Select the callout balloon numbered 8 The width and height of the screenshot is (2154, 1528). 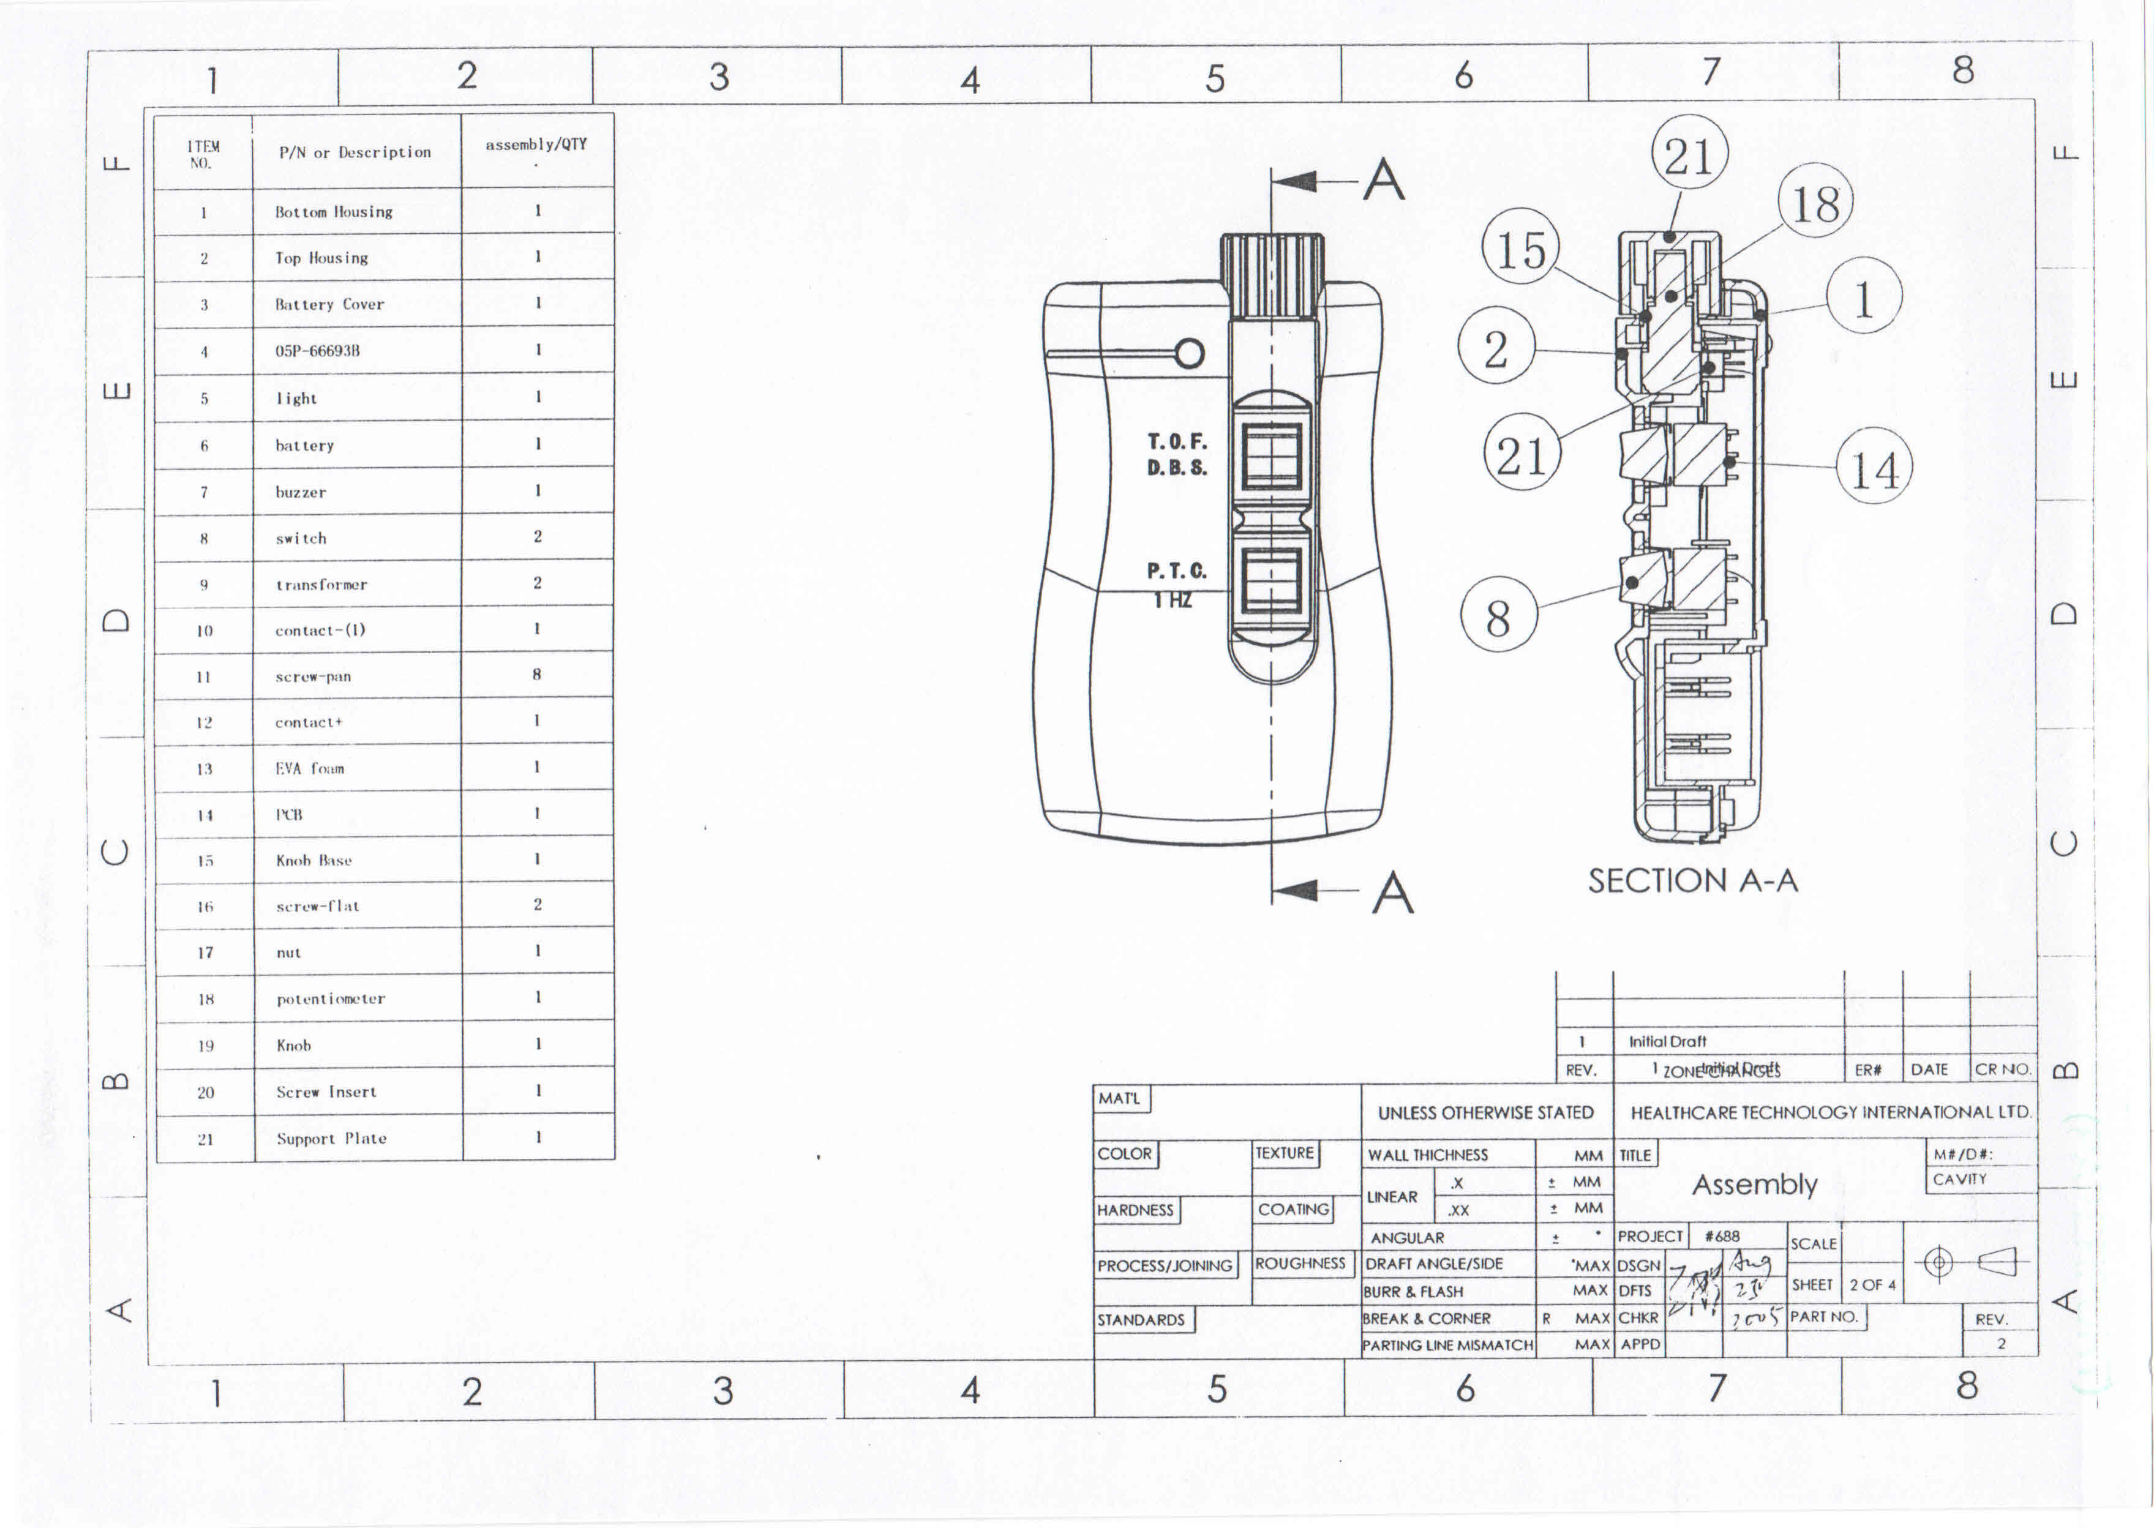(1498, 616)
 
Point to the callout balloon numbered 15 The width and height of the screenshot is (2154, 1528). (1521, 250)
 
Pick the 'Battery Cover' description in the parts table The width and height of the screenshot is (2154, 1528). (329, 304)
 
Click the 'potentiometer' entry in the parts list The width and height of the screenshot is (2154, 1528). (330, 998)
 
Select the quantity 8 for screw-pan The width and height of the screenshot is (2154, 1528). (536, 675)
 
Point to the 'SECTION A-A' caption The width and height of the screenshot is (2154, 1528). (1692, 882)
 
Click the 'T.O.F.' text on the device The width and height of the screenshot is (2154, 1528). (1176, 441)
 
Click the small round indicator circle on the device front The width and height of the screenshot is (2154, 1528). (1190, 354)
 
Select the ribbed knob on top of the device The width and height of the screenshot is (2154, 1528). (1272, 275)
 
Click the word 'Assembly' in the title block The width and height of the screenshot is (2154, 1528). (1754, 1185)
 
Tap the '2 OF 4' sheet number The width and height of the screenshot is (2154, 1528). (1872, 1284)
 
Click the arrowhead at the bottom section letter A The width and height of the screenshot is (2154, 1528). (1295, 890)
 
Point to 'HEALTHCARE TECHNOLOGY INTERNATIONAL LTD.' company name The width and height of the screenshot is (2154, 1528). (1830, 1112)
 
